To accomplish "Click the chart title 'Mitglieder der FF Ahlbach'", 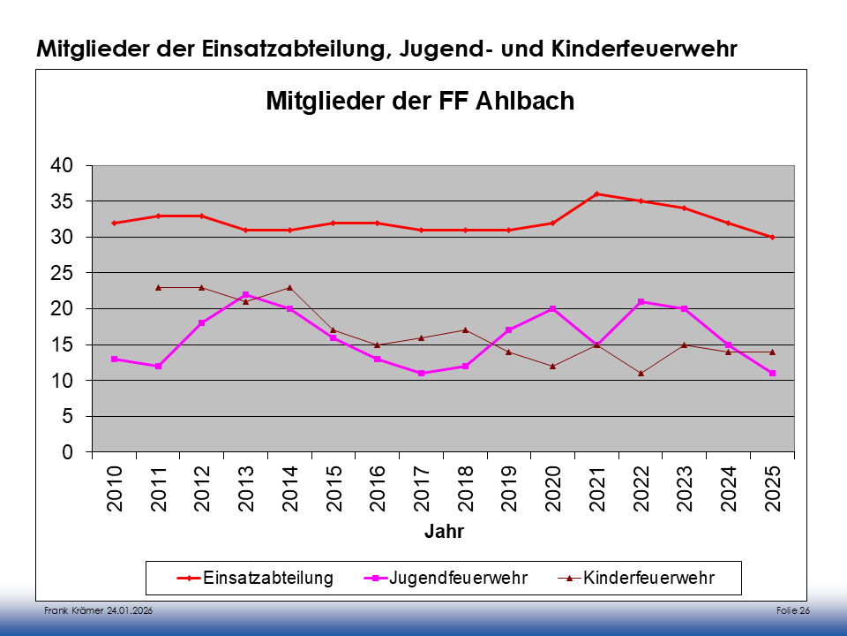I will tap(420, 101).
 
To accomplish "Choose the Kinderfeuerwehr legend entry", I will tap(637, 579).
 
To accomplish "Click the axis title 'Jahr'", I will tap(444, 532).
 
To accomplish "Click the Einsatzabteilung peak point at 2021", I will tap(596, 194).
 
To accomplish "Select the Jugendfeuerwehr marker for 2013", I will tap(245, 295).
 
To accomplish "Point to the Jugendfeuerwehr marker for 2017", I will tap(421, 374).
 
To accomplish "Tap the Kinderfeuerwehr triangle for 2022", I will tap(641, 373).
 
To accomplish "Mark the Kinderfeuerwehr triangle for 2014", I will tap(289, 287).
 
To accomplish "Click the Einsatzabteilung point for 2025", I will tap(772, 237).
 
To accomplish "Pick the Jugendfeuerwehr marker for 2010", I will tap(115, 360).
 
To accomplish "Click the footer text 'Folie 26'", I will tap(793, 611).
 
